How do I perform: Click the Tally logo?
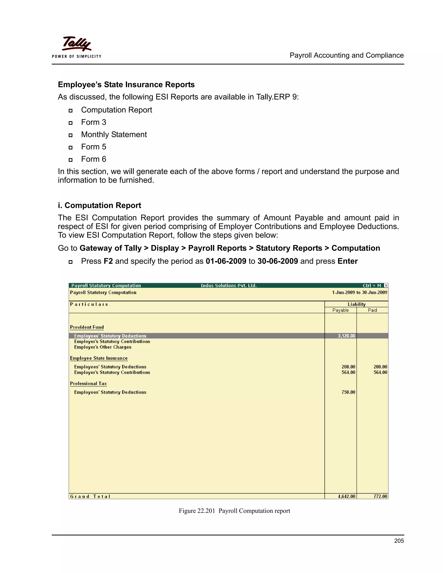tap(76, 44)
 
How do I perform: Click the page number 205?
tap(399, 541)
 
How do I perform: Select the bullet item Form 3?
tap(93, 122)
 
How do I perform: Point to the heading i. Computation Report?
tap(99, 205)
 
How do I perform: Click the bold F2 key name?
tap(108, 261)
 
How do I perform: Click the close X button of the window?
tap(386, 285)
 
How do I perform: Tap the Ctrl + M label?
tap(372, 286)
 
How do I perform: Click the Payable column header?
tap(340, 310)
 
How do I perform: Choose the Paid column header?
tap(372, 310)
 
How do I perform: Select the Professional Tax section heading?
tap(88, 384)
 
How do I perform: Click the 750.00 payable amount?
tap(348, 392)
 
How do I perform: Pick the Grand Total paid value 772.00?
tap(380, 496)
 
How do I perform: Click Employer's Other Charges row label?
tap(103, 347)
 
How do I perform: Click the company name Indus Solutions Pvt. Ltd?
tap(228, 286)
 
